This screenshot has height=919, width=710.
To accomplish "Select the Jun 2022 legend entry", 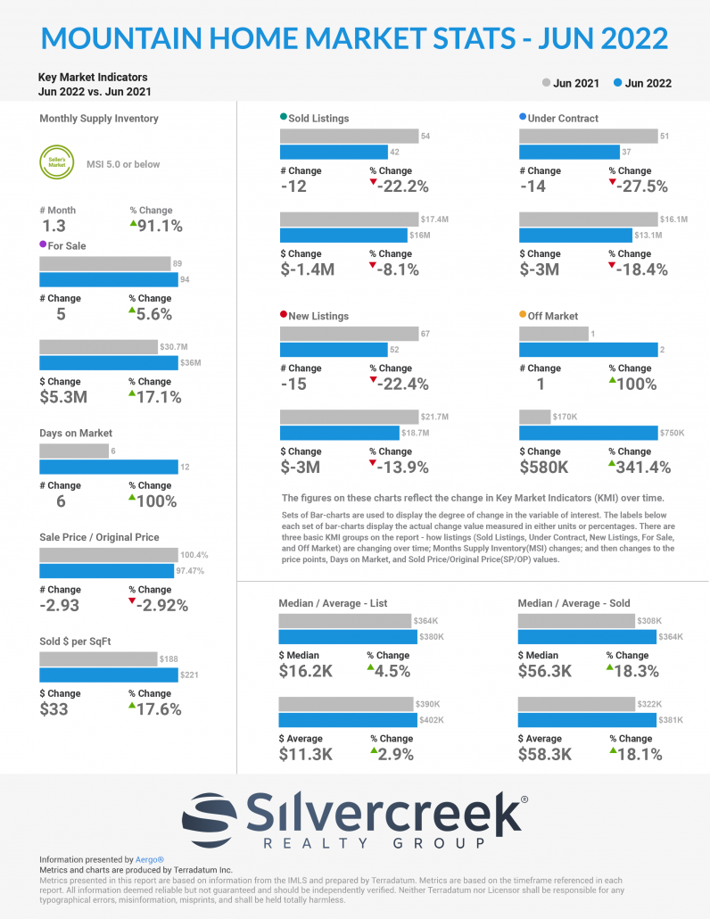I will coord(643,83).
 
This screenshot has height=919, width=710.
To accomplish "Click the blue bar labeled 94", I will coord(108,280).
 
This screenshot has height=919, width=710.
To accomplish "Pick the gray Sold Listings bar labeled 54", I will coord(349,136).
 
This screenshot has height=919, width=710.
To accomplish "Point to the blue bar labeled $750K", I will coord(588,433).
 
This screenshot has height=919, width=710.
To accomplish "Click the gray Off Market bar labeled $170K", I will coord(534,417).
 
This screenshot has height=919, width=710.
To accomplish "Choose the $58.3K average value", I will coord(545,754).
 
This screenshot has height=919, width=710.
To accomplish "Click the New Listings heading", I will coord(318,316).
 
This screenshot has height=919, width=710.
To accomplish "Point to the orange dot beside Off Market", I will coord(523,315).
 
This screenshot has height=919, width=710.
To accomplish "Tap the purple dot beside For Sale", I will coord(44,244).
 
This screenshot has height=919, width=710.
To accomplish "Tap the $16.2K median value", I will coord(305,671).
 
